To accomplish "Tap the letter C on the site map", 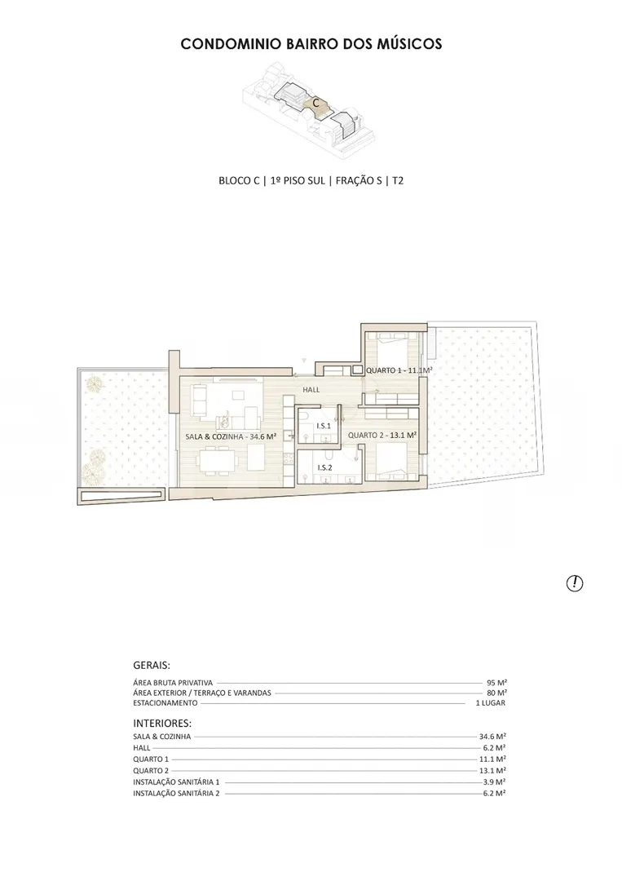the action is click(x=316, y=104).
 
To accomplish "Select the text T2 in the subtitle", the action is click(x=398, y=180).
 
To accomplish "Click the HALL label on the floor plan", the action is click(x=311, y=389).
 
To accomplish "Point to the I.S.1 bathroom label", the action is click(x=324, y=426).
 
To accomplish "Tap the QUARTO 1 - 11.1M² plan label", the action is click(x=399, y=370).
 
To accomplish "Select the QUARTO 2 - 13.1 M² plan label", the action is click(x=382, y=435).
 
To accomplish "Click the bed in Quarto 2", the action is click(x=388, y=462).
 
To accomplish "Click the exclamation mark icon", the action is click(x=574, y=583).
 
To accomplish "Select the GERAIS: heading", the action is click(x=152, y=666).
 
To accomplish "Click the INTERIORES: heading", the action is click(x=162, y=723).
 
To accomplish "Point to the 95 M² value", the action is click(x=496, y=683).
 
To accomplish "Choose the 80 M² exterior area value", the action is click(x=496, y=693).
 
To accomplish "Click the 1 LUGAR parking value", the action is click(x=491, y=703).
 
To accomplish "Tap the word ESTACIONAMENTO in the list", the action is click(x=165, y=703).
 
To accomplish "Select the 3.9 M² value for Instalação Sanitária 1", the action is click(x=495, y=781).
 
